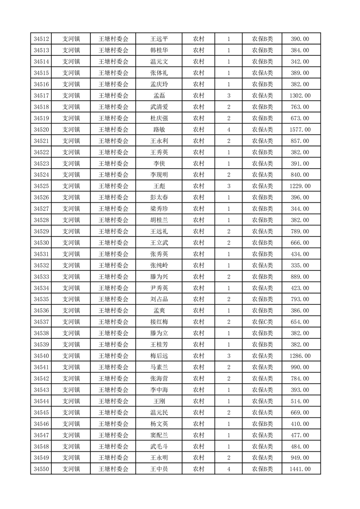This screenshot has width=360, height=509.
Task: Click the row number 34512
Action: (41, 39)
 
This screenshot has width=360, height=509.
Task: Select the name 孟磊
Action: (159, 96)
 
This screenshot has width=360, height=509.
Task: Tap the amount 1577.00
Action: (300, 130)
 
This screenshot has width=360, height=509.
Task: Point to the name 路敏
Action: (159, 130)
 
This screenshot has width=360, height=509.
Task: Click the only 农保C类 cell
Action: (262, 322)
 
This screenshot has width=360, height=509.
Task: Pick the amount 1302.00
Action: (300, 96)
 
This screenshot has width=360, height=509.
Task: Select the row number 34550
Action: (41, 469)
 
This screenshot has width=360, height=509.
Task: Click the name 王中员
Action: (159, 469)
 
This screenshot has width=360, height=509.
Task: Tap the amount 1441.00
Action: (300, 469)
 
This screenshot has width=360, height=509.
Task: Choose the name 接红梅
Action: (159, 322)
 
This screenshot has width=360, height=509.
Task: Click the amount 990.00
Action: (300, 367)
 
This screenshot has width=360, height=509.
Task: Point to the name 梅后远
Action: (159, 356)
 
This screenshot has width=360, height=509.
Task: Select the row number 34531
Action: (41, 254)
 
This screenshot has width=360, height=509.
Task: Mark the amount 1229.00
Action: (300, 186)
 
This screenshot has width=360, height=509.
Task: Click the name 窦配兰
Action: (159, 435)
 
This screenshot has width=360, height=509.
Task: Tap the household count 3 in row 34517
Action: (228, 96)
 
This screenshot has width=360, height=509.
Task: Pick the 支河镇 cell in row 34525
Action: (71, 186)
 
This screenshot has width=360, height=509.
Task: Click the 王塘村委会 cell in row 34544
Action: (113, 401)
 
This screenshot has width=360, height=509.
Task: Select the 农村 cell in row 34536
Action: (198, 311)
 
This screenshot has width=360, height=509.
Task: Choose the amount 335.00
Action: (300, 265)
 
